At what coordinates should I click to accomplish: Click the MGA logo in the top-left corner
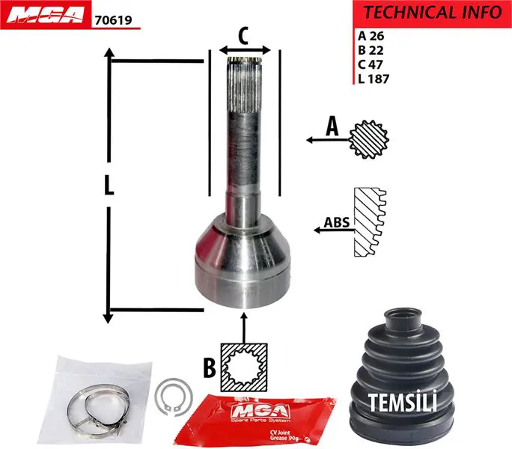46,15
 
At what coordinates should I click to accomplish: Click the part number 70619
113,20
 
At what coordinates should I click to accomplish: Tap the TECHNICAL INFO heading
433,13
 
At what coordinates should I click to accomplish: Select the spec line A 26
371,36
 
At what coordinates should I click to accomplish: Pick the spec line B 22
371,50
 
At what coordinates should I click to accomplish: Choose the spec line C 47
371,64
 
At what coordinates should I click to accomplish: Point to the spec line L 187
374,79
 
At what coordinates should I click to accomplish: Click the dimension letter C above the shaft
243,36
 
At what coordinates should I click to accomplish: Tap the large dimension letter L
109,185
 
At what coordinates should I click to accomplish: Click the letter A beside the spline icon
332,126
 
